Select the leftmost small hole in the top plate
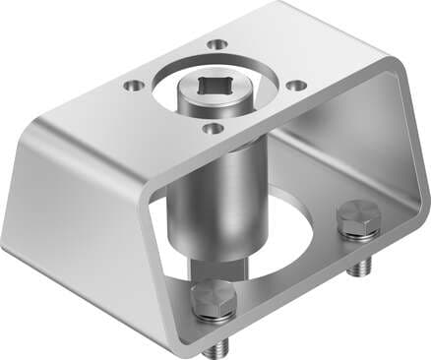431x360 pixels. coord(132,86)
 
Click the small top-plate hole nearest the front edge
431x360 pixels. coord(210,127)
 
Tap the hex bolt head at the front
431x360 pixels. coord(214,297)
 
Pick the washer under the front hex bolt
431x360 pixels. coord(214,317)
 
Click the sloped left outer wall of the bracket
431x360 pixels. coord(79,207)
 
